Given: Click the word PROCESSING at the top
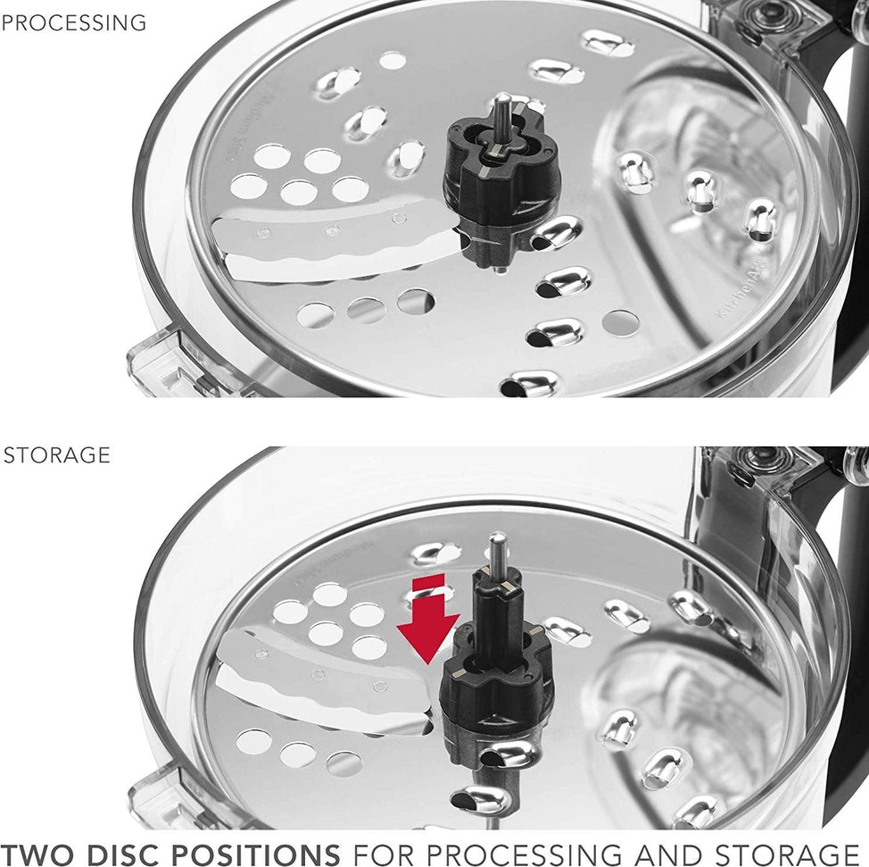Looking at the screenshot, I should [x=73, y=23].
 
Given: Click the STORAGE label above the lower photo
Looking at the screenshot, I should [x=57, y=454].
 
